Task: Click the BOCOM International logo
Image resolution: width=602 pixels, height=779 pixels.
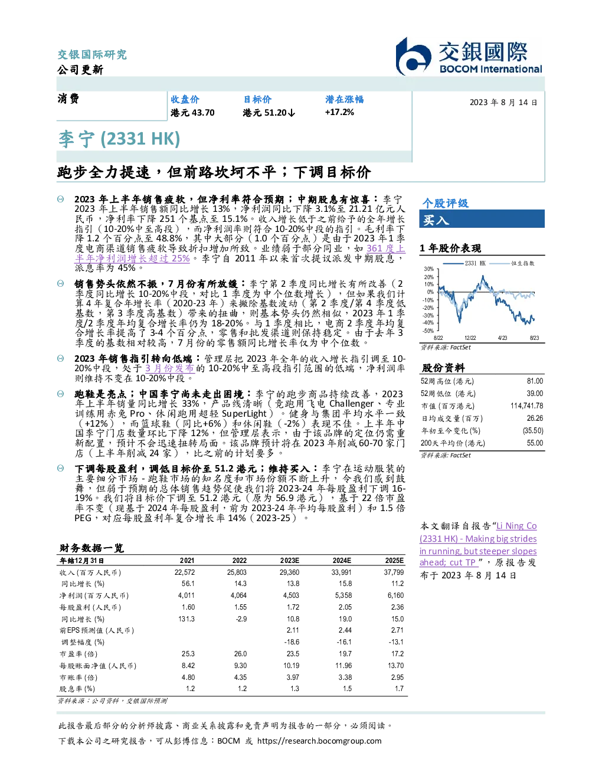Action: point(469,56)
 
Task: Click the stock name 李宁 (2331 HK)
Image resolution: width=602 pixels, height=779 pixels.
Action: point(119,139)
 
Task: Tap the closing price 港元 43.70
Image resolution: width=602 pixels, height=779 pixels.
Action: point(192,113)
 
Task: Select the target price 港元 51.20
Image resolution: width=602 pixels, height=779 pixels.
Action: point(269,113)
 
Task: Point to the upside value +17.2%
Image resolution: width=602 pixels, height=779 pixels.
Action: point(339,112)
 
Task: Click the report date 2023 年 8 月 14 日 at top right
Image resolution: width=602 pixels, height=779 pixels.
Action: point(503,103)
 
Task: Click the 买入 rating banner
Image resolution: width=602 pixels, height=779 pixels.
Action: point(482,219)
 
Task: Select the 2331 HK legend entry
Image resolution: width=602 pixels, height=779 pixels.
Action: point(464,263)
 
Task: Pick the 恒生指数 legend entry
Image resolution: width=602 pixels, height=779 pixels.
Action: point(512,263)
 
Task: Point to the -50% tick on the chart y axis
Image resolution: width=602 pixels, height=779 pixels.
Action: point(428,331)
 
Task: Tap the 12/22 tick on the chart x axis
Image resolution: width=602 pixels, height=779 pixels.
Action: point(470,338)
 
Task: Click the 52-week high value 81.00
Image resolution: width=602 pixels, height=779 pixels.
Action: point(535,381)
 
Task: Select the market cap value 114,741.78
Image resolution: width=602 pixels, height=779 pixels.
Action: point(526,406)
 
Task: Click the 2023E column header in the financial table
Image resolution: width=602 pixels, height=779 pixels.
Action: point(290,561)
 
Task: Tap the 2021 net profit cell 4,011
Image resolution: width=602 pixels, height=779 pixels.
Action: point(186,595)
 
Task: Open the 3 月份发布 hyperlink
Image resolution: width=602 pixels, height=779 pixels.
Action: point(169,368)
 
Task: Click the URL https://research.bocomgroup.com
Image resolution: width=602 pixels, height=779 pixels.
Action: point(319,741)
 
